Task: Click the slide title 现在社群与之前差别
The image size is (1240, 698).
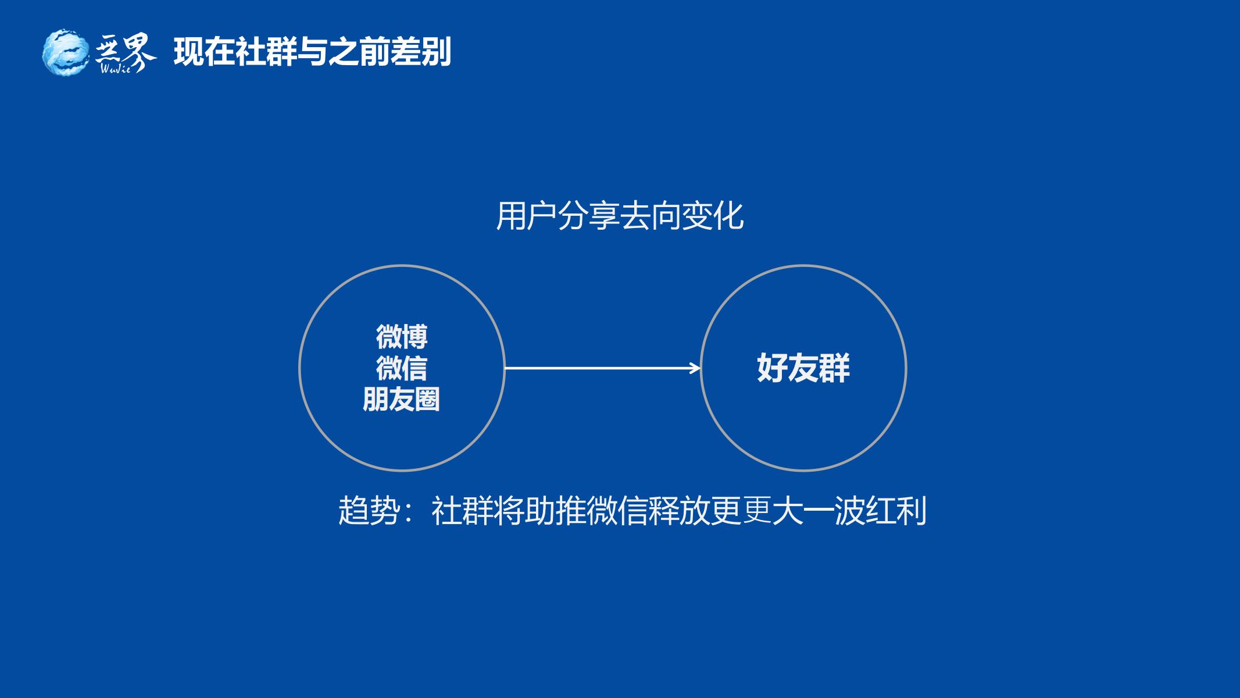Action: click(x=312, y=52)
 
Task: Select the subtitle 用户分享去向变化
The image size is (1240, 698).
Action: click(x=620, y=216)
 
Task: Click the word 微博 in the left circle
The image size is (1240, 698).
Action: click(x=402, y=337)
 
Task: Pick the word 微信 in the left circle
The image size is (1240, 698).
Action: click(x=402, y=368)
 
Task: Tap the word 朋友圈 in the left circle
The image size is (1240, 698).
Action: click(x=402, y=400)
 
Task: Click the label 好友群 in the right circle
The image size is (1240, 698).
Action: click(x=803, y=368)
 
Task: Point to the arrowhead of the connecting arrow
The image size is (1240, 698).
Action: click(x=695, y=368)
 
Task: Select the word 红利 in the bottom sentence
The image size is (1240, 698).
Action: click(x=896, y=511)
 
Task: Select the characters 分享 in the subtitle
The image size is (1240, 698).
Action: click(x=589, y=216)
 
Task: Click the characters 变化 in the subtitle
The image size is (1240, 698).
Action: click(x=713, y=216)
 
